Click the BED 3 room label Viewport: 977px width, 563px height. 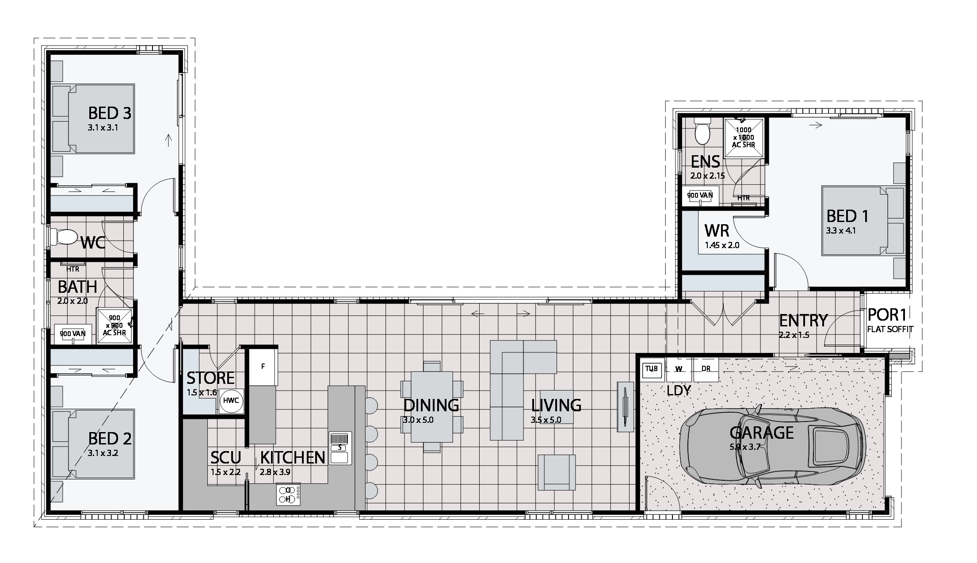pos(110,114)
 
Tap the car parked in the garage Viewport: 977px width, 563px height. pos(771,447)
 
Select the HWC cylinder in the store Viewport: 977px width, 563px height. pos(231,401)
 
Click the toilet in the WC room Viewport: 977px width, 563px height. pos(62,236)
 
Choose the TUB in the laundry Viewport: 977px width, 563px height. pos(651,369)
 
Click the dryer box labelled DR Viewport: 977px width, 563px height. pos(706,369)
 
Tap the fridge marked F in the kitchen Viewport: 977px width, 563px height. pos(263,367)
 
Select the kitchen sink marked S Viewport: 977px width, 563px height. pos(340,448)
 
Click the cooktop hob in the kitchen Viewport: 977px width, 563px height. pos(288,494)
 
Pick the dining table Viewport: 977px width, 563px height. pos(432,406)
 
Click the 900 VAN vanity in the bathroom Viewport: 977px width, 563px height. pos(73,334)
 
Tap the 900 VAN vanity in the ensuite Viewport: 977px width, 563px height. pos(700,195)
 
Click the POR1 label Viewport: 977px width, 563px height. pos(887,315)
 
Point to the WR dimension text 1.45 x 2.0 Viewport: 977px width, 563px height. pos(721,245)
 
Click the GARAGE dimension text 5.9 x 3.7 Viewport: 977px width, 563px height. pos(745,447)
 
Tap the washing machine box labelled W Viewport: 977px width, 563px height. pos(679,369)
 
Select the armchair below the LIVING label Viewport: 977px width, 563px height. pos(557,472)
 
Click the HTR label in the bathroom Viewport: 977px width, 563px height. pos(73,269)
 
